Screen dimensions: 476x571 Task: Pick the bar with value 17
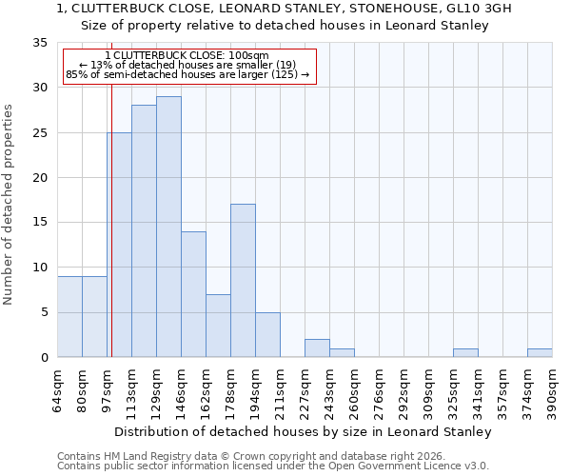[243, 281]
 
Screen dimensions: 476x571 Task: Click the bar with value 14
[193, 294]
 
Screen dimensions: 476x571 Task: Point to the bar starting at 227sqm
[317, 348]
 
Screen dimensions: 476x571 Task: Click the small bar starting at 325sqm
[465, 353]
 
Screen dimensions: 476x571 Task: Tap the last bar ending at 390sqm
[540, 353]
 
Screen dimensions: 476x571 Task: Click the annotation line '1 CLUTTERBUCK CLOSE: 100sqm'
[187, 56]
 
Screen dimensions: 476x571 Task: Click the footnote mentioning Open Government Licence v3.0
[273, 466]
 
